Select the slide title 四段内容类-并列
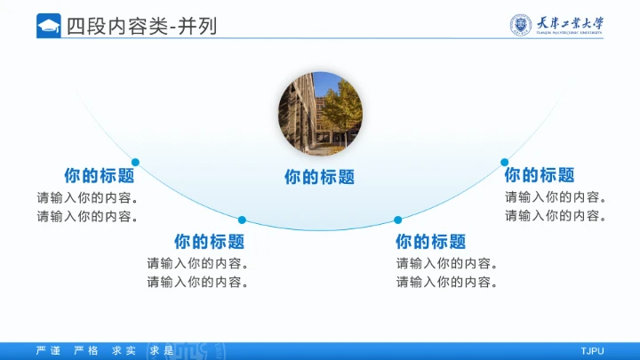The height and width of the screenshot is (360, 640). [141, 26]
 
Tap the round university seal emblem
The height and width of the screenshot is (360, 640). [520, 25]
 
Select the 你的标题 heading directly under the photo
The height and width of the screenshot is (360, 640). [319, 177]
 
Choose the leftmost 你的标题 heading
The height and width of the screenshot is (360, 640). [99, 175]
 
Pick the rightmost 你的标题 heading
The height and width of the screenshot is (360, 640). [539, 175]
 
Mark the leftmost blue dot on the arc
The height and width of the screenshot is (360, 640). [135, 162]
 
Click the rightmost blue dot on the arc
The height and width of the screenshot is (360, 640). [504, 162]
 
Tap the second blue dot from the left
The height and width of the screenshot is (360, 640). [242, 220]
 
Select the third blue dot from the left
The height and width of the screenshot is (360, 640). [397, 220]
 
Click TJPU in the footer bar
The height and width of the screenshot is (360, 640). [592, 350]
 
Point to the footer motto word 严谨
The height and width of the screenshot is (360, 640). [48, 350]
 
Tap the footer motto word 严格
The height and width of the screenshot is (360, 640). [86, 350]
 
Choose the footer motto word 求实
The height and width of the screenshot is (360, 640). [124, 350]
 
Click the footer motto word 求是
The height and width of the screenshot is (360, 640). [162, 350]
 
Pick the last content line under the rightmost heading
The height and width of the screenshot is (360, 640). [556, 216]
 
